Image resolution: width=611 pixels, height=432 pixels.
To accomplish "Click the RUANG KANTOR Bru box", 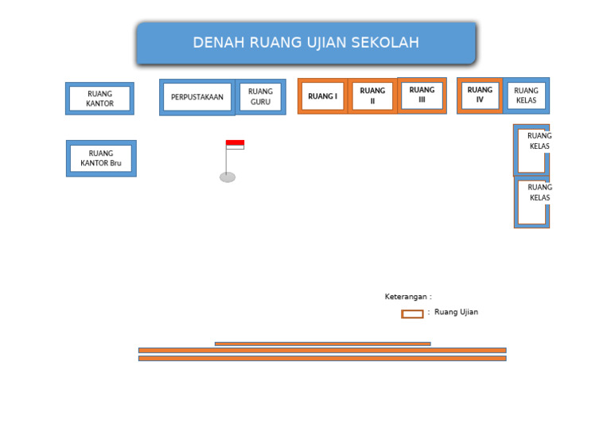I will pyautogui.click(x=101, y=158).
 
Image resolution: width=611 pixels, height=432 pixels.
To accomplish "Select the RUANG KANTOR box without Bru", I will pyautogui.click(x=99, y=99).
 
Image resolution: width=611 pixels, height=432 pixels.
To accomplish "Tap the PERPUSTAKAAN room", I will pyautogui.click(x=197, y=97).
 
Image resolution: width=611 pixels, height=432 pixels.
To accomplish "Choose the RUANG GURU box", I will pyautogui.click(x=260, y=96).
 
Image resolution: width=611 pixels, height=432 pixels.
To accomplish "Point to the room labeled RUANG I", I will pyautogui.click(x=322, y=96).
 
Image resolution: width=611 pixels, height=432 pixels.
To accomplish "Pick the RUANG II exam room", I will pyautogui.click(x=372, y=96).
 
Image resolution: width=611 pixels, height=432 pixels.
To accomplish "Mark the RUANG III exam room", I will pyautogui.click(x=422, y=95).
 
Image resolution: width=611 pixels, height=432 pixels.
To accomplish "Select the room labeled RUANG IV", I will pyautogui.click(x=480, y=95).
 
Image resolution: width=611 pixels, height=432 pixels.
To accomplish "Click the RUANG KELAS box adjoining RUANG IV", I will pyautogui.click(x=526, y=95).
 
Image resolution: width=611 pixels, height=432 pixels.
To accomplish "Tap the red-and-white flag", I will pyautogui.click(x=235, y=144).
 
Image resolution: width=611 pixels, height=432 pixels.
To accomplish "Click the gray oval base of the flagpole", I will pyautogui.click(x=228, y=177).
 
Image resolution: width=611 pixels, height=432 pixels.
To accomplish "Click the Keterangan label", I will pyautogui.click(x=408, y=297).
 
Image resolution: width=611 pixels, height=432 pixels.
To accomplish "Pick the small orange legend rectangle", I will pyautogui.click(x=412, y=314).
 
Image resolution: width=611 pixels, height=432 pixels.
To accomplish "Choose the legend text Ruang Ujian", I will pyautogui.click(x=456, y=312).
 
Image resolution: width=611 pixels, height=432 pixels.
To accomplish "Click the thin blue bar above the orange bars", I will pyautogui.click(x=322, y=344).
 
